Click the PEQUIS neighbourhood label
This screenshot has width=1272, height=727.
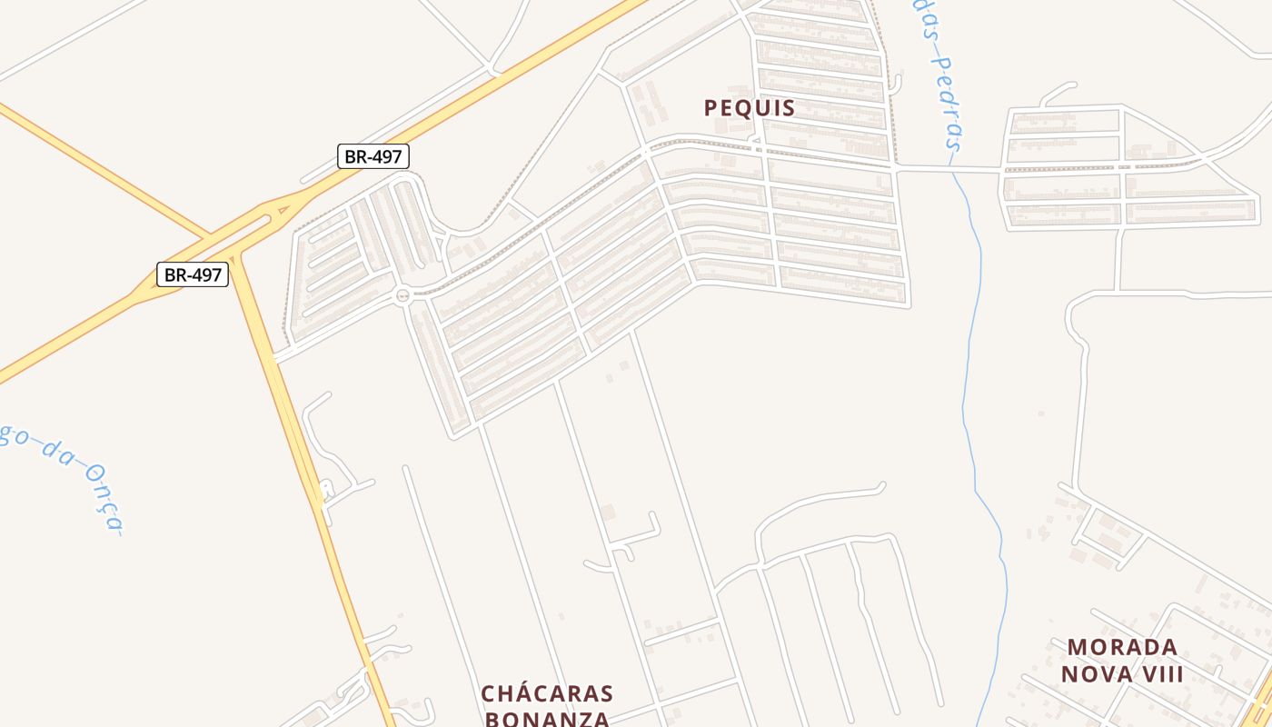pyautogui.click(x=750, y=108)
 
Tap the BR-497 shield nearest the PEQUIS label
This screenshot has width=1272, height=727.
pyautogui.click(x=373, y=156)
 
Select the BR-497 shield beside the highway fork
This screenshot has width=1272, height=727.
pyautogui.click(x=193, y=274)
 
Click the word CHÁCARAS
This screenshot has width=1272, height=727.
pyautogui.click(x=547, y=694)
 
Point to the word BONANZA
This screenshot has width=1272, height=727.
pyautogui.click(x=547, y=719)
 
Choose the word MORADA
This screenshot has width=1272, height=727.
pyautogui.click(x=1122, y=648)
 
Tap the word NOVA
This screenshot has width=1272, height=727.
pyautogui.click(x=1095, y=674)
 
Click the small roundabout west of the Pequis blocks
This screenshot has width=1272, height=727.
pyautogui.click(x=402, y=294)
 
